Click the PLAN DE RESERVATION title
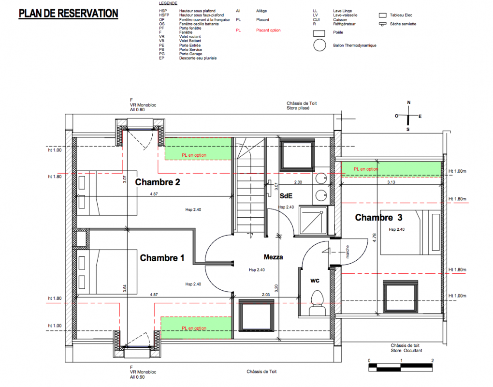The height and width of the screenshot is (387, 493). [x=68, y=14]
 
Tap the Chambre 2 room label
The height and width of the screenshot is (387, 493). [x=158, y=182]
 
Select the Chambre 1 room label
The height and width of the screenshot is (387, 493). [x=162, y=258]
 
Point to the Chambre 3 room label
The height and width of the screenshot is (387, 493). [x=378, y=217]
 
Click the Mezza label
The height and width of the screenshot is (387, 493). [x=273, y=257]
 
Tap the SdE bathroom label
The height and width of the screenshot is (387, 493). [x=286, y=196]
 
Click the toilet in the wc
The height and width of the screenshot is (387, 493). [x=317, y=302]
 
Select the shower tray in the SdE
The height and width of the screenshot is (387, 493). [x=313, y=221]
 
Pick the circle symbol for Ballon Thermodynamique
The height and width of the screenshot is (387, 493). [x=319, y=45]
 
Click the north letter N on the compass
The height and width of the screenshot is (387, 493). [x=409, y=103]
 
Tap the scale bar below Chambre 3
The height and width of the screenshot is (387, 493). [x=401, y=367]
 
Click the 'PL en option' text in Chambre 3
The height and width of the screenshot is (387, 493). [x=366, y=169]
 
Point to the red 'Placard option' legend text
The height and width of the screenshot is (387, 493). [x=268, y=30]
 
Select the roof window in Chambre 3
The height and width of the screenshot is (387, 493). [x=401, y=297]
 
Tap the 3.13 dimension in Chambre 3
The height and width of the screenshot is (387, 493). [x=391, y=182]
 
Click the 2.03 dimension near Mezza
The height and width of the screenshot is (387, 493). [x=266, y=295]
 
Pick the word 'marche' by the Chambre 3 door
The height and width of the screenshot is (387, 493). [x=348, y=252]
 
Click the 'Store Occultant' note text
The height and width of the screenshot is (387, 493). [x=406, y=351]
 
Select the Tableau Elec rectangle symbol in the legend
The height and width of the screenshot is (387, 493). [x=382, y=15]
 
